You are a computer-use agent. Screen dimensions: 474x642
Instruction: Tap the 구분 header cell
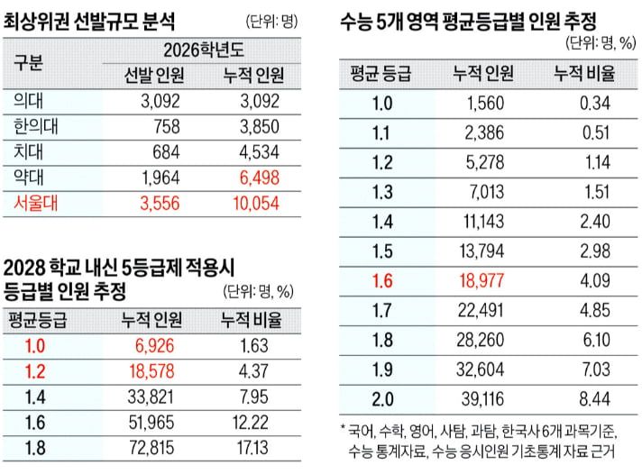point(36,63)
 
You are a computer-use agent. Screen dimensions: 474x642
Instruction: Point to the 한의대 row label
point(36,127)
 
